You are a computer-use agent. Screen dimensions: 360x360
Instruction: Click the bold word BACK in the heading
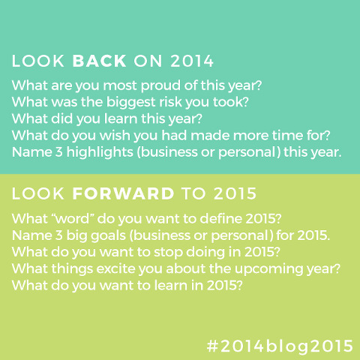(x=99, y=61)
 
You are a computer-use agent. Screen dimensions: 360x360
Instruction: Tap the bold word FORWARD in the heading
(x=123, y=193)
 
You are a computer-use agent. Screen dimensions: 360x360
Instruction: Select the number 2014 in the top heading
(x=192, y=61)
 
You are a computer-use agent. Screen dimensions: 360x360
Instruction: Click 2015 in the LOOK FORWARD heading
(x=235, y=193)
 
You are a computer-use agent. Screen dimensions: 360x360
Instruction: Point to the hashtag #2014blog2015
(x=280, y=346)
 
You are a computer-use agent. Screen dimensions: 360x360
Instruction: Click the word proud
(x=161, y=85)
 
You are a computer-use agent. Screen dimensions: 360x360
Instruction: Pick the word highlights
(x=100, y=152)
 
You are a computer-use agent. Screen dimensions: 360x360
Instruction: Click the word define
(x=221, y=219)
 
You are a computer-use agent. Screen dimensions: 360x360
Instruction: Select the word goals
(x=108, y=236)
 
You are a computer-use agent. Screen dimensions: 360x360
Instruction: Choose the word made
(x=210, y=136)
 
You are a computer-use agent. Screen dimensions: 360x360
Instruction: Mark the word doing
(x=205, y=253)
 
